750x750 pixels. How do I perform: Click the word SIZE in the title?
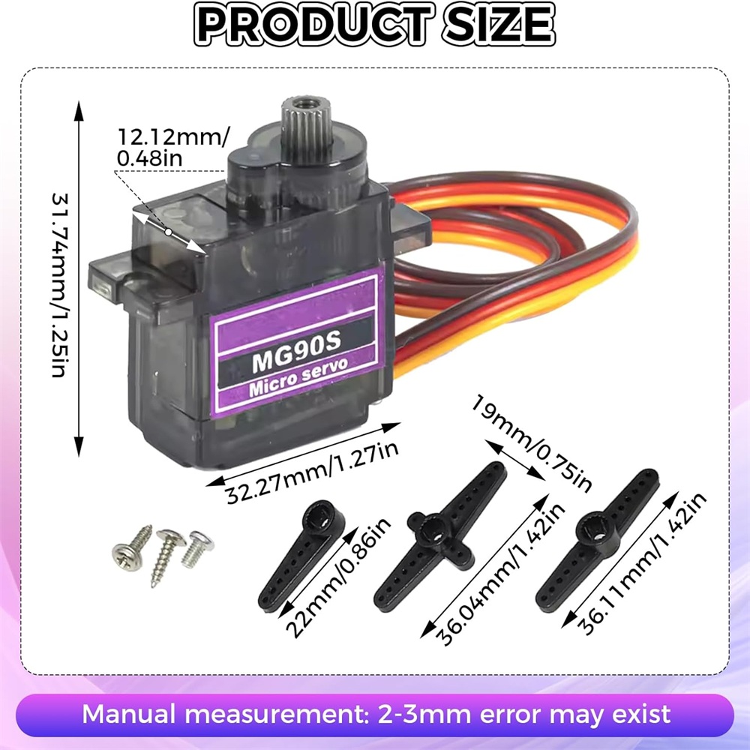[499, 25]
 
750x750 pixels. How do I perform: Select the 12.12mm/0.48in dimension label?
[173, 147]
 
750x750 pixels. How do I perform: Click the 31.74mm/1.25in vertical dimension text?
[60, 286]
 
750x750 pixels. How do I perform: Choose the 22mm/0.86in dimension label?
[338, 578]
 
